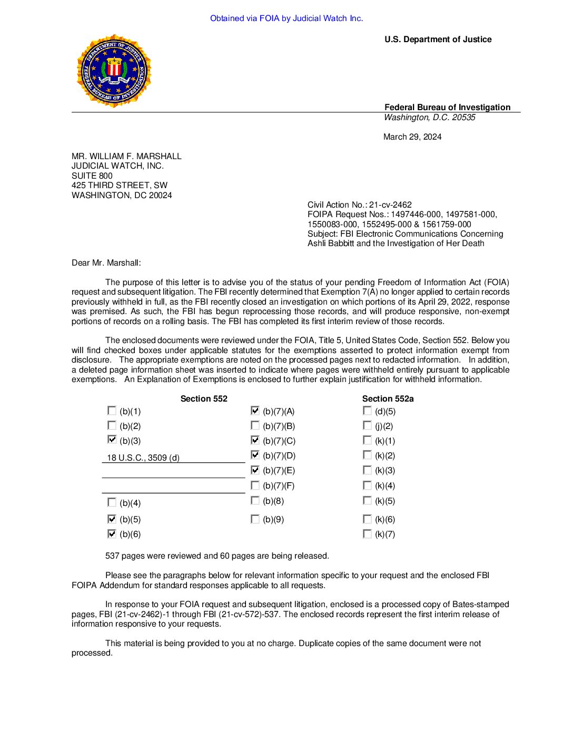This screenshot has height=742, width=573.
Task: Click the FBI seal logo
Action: (x=114, y=71)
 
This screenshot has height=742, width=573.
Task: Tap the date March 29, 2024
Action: (x=412, y=137)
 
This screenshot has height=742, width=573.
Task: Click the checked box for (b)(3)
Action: (x=112, y=440)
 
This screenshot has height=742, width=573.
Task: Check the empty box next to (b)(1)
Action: (x=112, y=411)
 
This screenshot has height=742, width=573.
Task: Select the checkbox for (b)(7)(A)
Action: (x=255, y=411)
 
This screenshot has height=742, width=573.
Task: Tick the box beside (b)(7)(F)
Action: (x=255, y=485)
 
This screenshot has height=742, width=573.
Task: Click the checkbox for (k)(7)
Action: (x=367, y=534)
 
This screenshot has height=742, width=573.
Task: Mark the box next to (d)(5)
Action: (x=367, y=411)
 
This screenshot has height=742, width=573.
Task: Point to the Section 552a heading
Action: (x=388, y=399)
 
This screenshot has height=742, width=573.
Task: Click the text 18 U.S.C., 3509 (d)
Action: (x=143, y=458)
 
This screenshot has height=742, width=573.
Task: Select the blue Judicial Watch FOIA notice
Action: (x=286, y=18)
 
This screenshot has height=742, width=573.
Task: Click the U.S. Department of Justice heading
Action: (x=438, y=40)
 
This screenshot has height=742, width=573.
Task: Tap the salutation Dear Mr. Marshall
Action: (x=106, y=263)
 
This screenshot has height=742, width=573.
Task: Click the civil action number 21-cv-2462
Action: (x=390, y=205)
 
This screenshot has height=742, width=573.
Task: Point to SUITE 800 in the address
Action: (x=92, y=176)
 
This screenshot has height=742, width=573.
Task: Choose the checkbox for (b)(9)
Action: (x=255, y=519)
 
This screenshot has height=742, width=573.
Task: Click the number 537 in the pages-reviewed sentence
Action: (x=112, y=556)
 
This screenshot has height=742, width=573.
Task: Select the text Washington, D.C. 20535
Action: (x=429, y=118)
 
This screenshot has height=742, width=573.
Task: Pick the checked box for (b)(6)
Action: (x=112, y=534)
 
